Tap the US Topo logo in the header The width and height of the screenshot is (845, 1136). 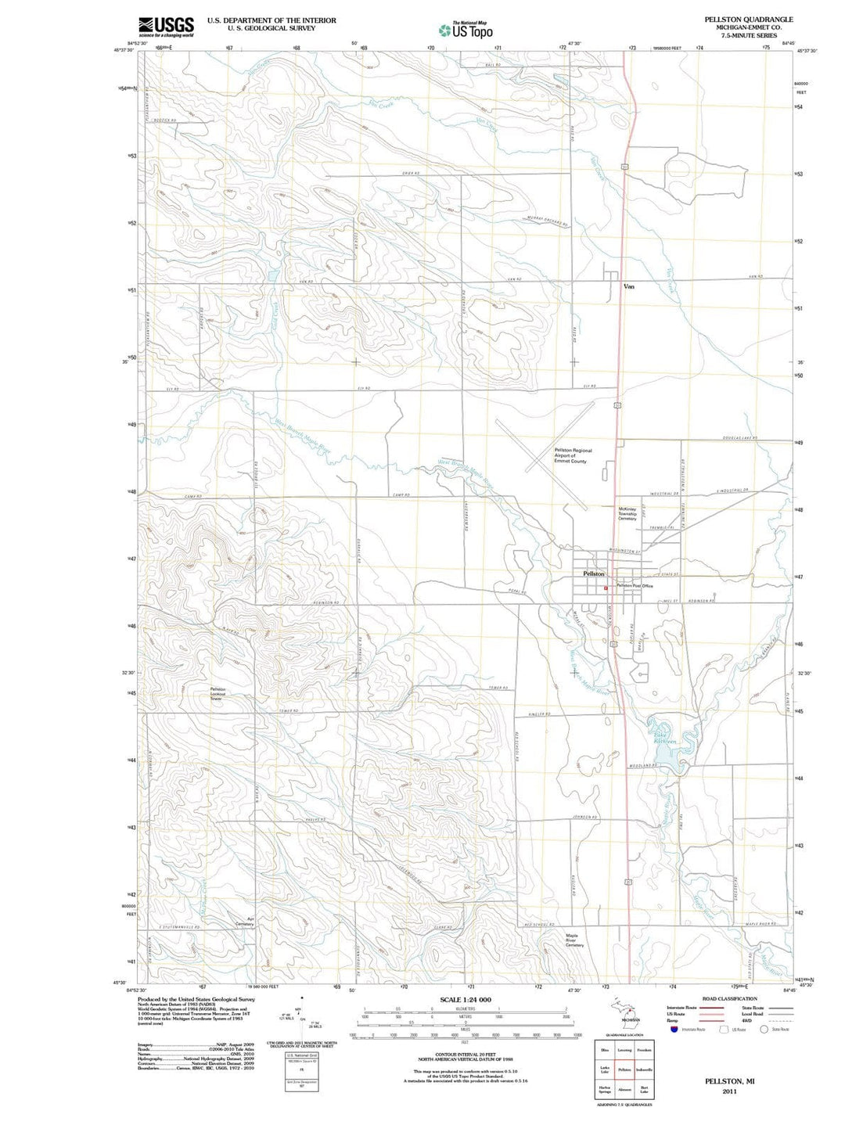point(466,30)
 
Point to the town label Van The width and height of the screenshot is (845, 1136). point(628,286)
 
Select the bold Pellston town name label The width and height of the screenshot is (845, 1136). point(594,573)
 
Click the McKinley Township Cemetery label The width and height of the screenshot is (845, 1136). point(627,513)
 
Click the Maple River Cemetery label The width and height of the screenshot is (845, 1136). point(574,940)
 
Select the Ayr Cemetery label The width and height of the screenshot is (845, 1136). point(245,921)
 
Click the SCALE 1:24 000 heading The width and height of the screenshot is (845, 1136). point(466,1000)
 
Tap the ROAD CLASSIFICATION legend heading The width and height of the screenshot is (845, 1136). point(729,999)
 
